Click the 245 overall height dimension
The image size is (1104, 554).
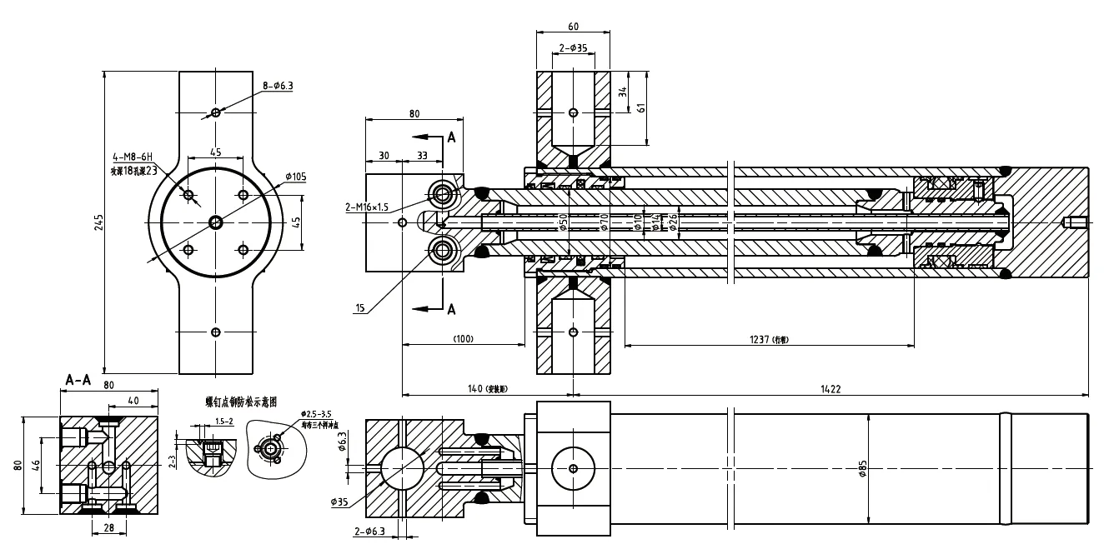[x=99, y=222]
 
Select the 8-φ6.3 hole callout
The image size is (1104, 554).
[x=279, y=85]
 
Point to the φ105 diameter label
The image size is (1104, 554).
[x=297, y=177]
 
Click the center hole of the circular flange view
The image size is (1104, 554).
[x=216, y=222]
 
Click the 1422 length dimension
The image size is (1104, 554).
[x=830, y=389]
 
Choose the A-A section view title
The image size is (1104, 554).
[x=78, y=380]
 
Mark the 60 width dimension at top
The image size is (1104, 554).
[x=572, y=27]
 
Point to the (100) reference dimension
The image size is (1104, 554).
[x=463, y=340]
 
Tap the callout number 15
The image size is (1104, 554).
[x=360, y=307]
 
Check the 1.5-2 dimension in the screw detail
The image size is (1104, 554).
[x=223, y=421]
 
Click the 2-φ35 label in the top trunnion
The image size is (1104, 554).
[x=573, y=48]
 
